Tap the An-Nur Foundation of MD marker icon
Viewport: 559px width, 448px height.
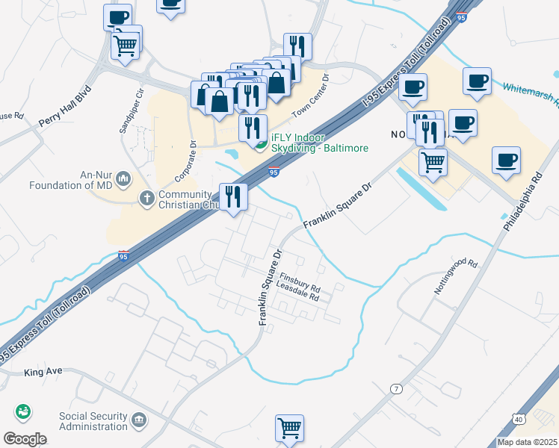[x=123, y=179]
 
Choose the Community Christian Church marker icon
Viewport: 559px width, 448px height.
[x=147, y=198]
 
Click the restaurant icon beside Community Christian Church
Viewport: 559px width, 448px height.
[x=233, y=196]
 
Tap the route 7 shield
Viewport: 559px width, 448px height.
[x=396, y=388]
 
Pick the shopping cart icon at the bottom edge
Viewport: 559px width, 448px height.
[x=289, y=428]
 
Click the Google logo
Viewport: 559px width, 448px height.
[x=25, y=439]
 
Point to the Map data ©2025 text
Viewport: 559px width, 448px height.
[x=528, y=442]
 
